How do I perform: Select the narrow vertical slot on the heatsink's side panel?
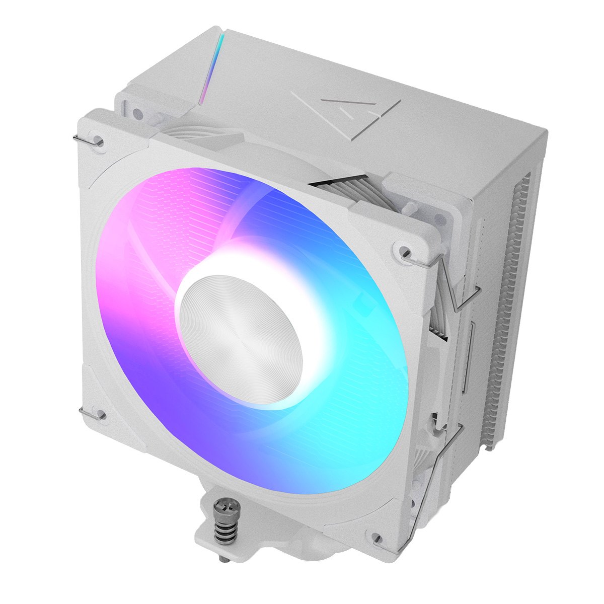coord(472,357)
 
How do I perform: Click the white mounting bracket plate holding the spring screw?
coord(211,544)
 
